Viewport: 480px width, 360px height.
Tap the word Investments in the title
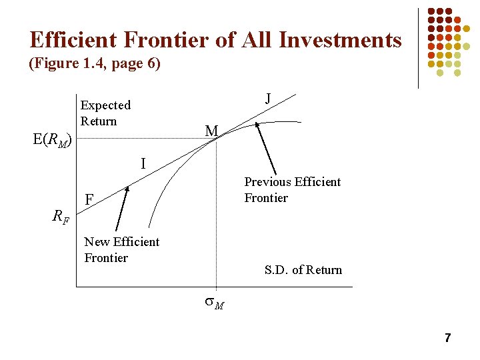[340, 40]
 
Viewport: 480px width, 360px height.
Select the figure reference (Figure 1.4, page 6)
[94, 65]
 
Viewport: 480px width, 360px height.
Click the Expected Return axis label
[105, 113]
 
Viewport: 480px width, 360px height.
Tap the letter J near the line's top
[267, 99]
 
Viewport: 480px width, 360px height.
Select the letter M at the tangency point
[211, 131]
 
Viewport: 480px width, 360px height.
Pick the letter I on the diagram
[143, 163]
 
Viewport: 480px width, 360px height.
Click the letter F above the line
[89, 199]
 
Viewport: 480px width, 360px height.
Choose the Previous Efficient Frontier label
[292, 189]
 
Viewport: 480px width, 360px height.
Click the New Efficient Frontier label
[121, 249]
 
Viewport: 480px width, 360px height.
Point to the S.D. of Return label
[303, 270]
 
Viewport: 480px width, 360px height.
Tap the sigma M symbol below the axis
[214, 305]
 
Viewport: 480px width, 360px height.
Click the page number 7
[447, 339]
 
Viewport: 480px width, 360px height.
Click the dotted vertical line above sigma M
[216, 213]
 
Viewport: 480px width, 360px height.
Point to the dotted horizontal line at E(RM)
[140, 138]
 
